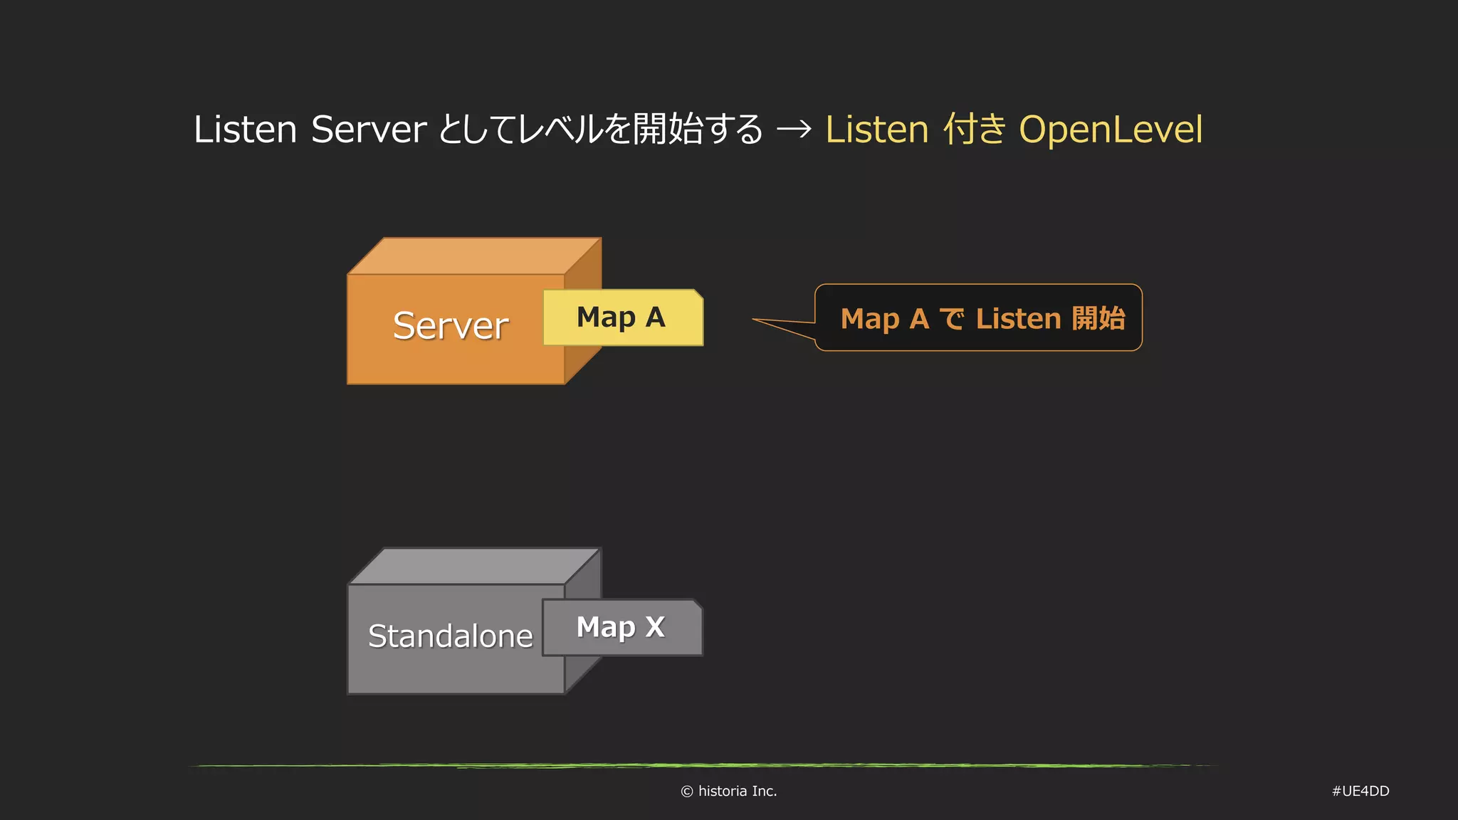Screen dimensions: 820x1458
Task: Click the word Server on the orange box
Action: pos(451,326)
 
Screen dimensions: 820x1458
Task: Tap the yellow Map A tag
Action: pos(622,317)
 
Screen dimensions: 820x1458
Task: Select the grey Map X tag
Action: pos(622,628)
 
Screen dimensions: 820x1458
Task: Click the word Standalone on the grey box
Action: pos(450,636)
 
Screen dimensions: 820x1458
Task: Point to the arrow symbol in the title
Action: pos(794,130)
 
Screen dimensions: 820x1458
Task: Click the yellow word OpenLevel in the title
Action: pos(1111,130)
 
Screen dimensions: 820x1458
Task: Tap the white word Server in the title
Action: pos(369,130)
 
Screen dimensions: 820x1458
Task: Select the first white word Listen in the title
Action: pos(245,130)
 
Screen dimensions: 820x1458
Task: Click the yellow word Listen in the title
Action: pos(877,130)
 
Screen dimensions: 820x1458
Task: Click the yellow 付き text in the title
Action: pos(975,130)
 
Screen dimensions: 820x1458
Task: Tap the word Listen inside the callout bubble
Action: pos(1018,319)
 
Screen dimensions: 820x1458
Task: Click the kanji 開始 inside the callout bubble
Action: pos(1098,318)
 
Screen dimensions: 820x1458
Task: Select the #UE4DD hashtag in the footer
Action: pos(1360,791)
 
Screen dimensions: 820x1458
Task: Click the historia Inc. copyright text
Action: pos(737,791)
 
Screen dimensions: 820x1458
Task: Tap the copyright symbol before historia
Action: pos(687,792)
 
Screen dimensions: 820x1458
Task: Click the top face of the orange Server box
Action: pos(474,256)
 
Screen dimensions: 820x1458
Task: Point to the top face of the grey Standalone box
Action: pos(474,567)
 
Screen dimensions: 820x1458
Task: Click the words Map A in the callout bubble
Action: pos(884,319)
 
